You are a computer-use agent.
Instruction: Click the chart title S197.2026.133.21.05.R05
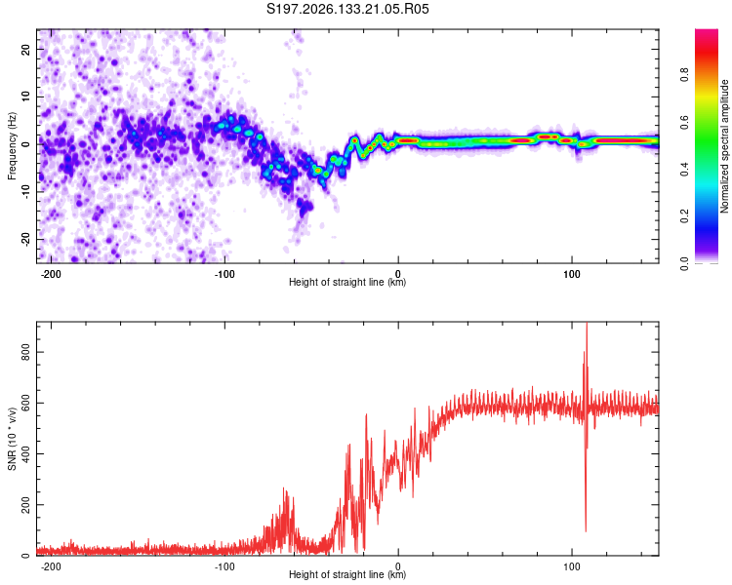[x=347, y=9]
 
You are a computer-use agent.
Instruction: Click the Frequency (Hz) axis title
[x=12, y=146]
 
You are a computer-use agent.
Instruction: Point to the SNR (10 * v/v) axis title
[x=12, y=439]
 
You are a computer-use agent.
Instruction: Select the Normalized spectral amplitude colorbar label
[x=724, y=146]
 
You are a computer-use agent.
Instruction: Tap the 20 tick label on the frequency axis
[x=25, y=49]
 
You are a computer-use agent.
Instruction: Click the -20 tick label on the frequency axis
[x=25, y=239]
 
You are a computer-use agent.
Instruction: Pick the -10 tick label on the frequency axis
[x=25, y=192]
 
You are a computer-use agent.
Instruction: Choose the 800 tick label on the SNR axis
[x=25, y=352]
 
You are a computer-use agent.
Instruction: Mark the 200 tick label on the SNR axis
[x=25, y=505]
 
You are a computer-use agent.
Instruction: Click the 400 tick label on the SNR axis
[x=25, y=454]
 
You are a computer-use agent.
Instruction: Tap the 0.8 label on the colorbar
[x=684, y=75]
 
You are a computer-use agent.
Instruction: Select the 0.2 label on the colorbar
[x=684, y=216]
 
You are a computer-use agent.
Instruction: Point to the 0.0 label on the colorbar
[x=684, y=263]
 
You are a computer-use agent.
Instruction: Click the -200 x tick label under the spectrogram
[x=51, y=274]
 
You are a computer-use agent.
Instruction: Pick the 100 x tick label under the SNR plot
[x=572, y=566]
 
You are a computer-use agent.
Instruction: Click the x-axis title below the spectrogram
[x=347, y=282]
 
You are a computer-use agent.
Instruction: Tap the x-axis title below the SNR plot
[x=347, y=574]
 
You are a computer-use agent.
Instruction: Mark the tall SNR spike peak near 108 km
[x=587, y=324]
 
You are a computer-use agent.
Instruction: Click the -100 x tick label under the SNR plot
[x=224, y=566]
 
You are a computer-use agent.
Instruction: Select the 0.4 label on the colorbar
[x=684, y=169]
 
